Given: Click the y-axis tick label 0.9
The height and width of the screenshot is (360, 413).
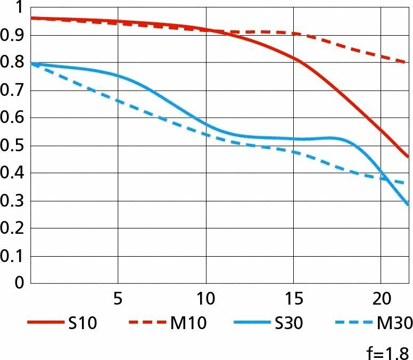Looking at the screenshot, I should [x=13, y=35].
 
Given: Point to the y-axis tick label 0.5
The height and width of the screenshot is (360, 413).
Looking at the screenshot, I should [x=13, y=145].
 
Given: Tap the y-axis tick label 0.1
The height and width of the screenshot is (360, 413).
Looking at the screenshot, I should [x=13, y=256].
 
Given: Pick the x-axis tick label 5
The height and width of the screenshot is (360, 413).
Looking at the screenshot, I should [x=118, y=298].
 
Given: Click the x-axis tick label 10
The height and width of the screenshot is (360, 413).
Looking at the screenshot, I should [x=205, y=298].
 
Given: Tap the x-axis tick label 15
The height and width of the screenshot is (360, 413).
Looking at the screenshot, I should [x=293, y=298].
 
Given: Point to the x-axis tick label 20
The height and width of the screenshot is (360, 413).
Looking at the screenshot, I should [x=381, y=298].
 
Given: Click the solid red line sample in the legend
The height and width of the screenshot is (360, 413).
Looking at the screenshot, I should [x=44, y=323].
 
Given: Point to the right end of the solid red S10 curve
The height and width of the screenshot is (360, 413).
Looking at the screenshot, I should [x=408, y=157].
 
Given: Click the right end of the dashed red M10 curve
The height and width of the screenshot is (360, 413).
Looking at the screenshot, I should [x=407, y=62].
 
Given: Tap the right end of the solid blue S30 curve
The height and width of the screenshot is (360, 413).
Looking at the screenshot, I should [x=408, y=204].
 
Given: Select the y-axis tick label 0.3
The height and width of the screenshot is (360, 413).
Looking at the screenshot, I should [x=13, y=201].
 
